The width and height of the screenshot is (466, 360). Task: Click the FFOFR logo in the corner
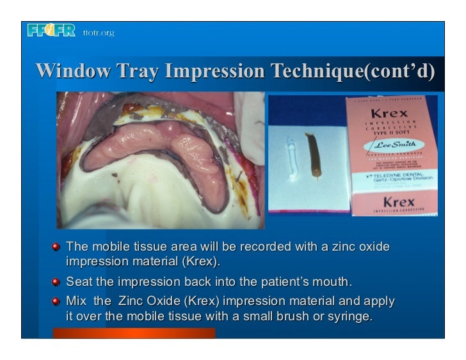(x=51, y=31)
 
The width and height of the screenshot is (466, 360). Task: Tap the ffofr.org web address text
(x=98, y=33)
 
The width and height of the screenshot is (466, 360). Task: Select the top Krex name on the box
(x=392, y=113)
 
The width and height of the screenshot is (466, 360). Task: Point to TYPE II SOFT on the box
(x=392, y=132)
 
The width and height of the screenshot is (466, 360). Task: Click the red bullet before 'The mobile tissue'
(x=57, y=246)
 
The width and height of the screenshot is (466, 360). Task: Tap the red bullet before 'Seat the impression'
(x=57, y=281)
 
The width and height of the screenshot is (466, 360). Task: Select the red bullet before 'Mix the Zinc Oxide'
(x=57, y=300)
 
